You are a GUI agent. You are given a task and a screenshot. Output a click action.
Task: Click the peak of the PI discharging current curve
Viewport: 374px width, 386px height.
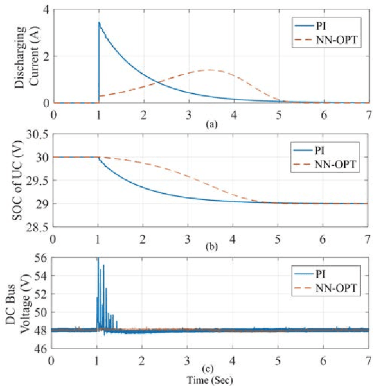click(x=99, y=23)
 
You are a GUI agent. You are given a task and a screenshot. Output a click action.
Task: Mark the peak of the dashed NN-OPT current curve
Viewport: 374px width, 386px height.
click(x=207, y=70)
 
